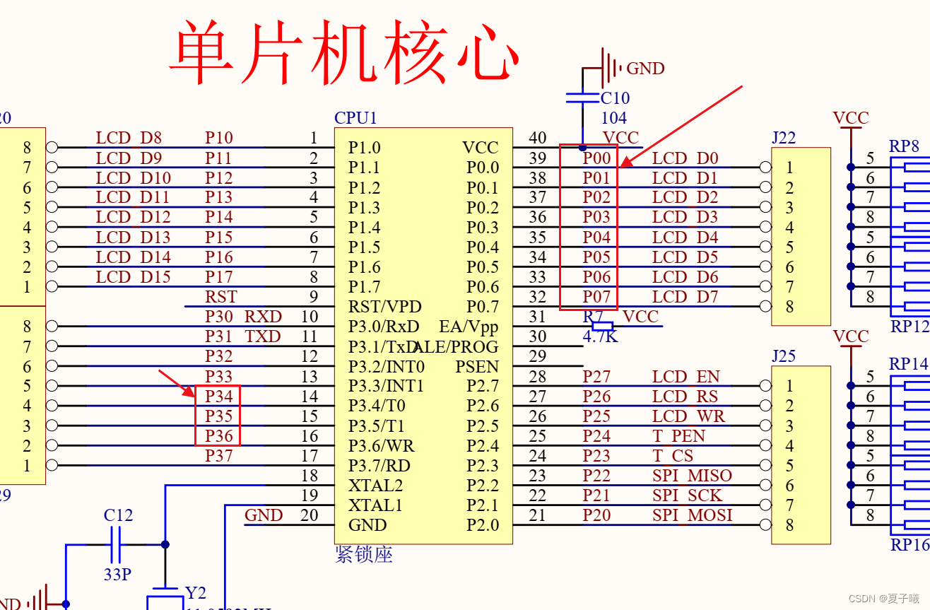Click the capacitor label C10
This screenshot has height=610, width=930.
pos(615,98)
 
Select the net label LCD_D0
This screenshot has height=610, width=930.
pos(685,158)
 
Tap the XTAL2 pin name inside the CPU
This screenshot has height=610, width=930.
pos(375,486)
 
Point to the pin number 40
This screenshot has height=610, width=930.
pos(538,139)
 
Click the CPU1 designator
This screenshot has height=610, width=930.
pos(356,118)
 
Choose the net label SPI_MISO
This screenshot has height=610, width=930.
pos(692,476)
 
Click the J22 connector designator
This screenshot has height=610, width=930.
pos(783,139)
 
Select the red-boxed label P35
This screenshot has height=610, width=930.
pos(219,416)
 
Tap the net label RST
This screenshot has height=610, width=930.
pos(221,297)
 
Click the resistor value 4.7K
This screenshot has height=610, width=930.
pos(600,337)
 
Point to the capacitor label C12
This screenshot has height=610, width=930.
pos(118,515)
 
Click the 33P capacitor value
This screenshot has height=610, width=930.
pos(117,574)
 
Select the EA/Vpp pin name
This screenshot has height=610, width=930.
pos(469,327)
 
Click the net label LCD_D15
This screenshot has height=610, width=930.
pos(133,277)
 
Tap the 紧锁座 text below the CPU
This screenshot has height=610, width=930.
pos(364,555)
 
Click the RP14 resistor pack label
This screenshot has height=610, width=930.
pos(908,364)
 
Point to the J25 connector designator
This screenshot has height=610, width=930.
pos(783,356)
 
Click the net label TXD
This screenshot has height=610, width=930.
pos(263,336)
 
